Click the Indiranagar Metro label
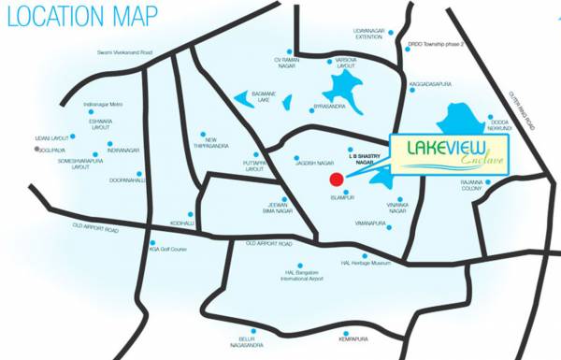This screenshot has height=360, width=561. (103, 104)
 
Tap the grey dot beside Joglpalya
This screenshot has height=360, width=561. (38, 149)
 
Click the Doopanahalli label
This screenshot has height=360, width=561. (121, 179)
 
